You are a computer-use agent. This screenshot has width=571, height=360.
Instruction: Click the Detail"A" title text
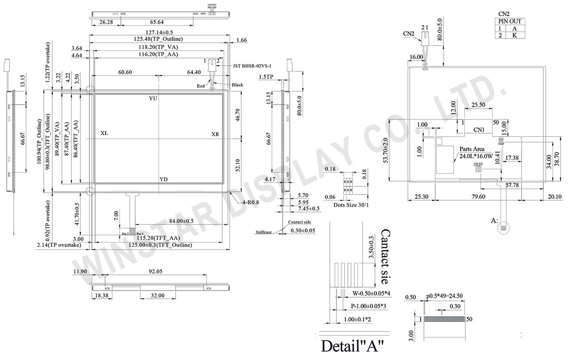click(x=353, y=346)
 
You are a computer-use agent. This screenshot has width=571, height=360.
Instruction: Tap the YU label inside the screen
click(x=153, y=98)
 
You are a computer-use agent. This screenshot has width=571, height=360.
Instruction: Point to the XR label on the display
click(x=215, y=135)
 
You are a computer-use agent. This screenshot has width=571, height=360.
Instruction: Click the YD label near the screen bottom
click(x=163, y=179)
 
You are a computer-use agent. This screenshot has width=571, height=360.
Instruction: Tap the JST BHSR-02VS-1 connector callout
click(x=252, y=66)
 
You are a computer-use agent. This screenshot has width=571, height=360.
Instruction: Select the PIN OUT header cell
click(x=510, y=21)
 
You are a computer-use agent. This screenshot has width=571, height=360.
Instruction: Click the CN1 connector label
click(x=479, y=129)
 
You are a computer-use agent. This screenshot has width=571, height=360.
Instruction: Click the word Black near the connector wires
click(x=237, y=85)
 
